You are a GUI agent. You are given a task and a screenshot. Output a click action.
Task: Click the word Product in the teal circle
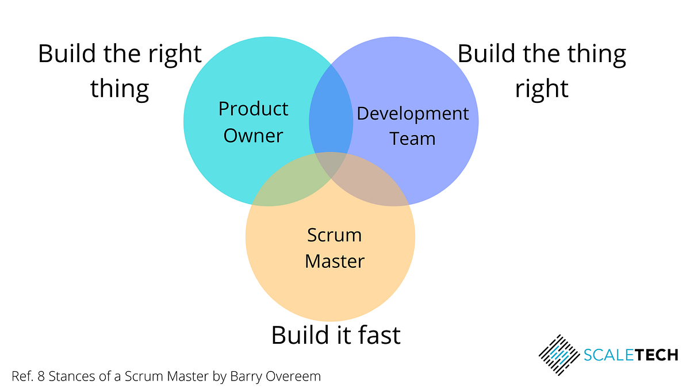tap(254, 109)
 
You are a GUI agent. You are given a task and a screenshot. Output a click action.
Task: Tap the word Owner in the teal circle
tap(254, 136)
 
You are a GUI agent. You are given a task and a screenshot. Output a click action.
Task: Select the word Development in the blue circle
tap(413, 114)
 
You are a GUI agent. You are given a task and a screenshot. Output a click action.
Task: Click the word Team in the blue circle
tap(412, 139)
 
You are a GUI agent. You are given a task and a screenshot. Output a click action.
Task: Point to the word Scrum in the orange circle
tap(334, 235)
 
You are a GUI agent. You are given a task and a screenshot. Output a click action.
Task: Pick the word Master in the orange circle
tap(335, 262)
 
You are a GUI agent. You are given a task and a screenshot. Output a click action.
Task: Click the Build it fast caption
tap(336, 335)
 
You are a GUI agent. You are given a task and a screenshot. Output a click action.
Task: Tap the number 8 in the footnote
tap(38, 377)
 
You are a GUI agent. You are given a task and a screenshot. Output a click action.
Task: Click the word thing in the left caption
tap(120, 89)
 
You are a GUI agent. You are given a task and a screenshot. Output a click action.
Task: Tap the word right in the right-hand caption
tap(542, 89)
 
